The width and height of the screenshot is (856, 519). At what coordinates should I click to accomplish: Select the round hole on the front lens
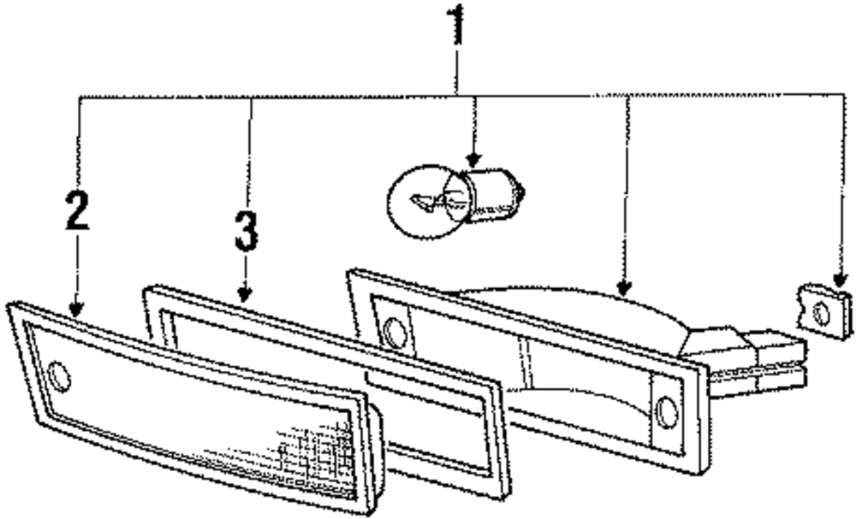(x=60, y=376)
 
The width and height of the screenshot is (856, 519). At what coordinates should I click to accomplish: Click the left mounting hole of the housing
(x=395, y=332)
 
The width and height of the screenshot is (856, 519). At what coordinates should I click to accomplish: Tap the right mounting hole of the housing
(x=666, y=412)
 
